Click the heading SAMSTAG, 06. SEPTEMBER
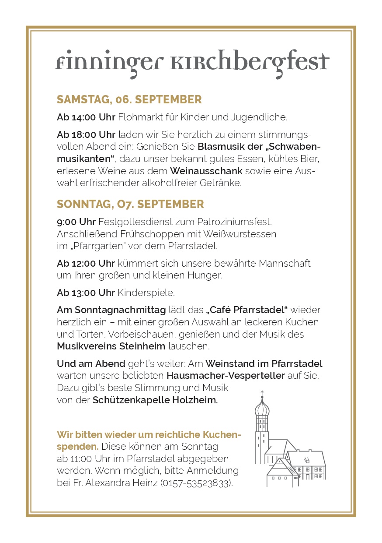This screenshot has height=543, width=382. coord(129,100)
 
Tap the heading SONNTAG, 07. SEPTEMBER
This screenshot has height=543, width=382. coord(130,204)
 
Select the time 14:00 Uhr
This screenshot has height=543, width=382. coord(93,117)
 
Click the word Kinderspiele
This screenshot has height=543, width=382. coord(146,293)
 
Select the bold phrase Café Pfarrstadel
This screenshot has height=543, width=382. coord(247,310)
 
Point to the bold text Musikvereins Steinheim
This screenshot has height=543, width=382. coord(111,346)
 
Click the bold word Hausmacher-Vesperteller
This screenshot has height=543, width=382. coord(226,376)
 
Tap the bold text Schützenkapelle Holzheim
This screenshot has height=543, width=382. coord(155,400)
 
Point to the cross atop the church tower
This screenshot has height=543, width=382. coord(262,393)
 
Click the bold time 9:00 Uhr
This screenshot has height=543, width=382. coord(76,222)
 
